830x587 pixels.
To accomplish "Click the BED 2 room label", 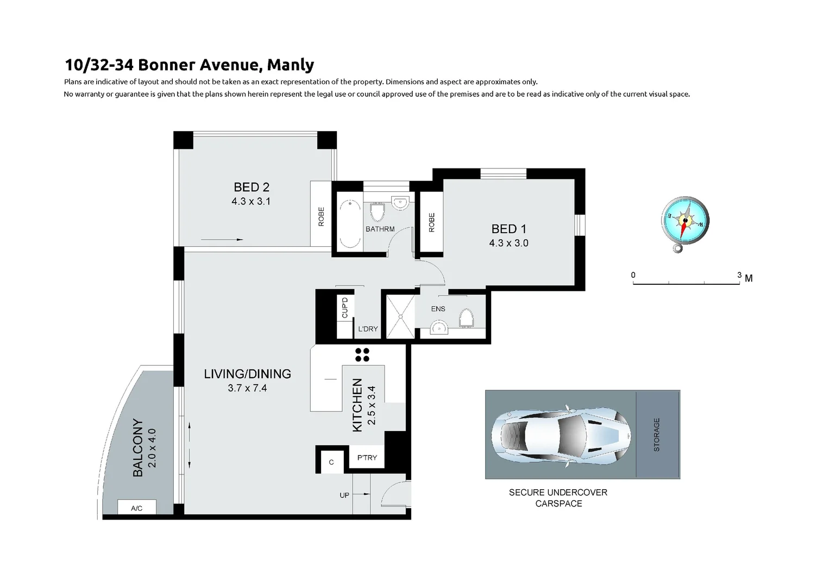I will tap(251, 187).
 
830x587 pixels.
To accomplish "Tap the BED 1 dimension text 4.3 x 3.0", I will tap(508, 243).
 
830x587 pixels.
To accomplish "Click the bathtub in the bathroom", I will tap(349, 224).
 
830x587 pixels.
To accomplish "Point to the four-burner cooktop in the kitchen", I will tap(362, 355).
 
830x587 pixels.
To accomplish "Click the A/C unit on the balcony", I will tap(137, 508).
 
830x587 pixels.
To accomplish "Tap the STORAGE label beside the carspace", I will tap(657, 434).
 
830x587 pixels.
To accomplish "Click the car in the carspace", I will tap(560, 434).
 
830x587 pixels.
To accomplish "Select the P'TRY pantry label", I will tap(367, 458).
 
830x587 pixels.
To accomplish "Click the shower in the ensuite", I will tap(400, 316).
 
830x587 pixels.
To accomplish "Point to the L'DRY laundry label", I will tap(368, 329).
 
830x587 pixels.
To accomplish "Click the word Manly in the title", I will tap(291, 65).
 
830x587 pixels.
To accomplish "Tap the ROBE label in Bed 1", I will tap(432, 222).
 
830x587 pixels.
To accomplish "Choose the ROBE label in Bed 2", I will tap(321, 216).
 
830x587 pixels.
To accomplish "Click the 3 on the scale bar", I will tap(739, 275).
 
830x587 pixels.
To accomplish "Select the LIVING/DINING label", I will tap(248, 374).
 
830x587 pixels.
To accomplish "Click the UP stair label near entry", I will tap(344, 495).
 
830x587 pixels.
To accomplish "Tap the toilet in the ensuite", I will tap(467, 319).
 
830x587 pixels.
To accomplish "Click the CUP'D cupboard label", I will tap(345, 308).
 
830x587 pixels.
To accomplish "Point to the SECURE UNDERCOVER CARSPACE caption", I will tap(558, 498).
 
